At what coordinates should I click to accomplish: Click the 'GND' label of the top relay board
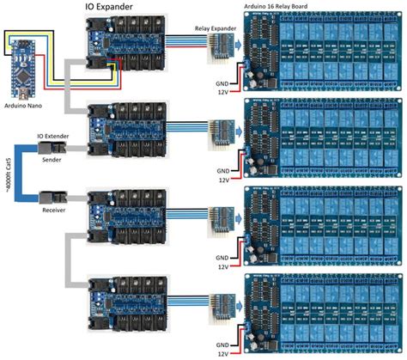221,75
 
